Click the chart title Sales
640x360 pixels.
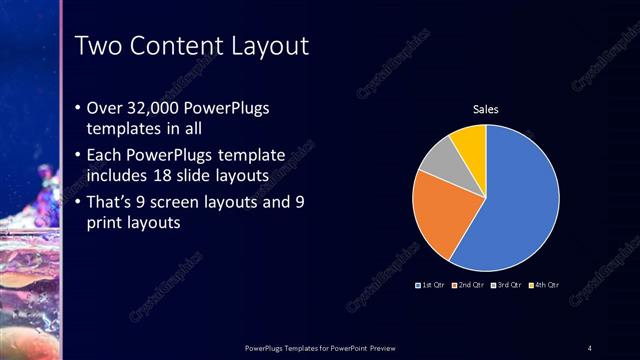click(x=486, y=110)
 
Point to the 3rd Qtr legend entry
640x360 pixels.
click(x=507, y=285)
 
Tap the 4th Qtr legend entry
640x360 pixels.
click(x=544, y=285)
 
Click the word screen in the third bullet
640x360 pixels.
click(x=190, y=202)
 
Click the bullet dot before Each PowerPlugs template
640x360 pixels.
click(x=80, y=156)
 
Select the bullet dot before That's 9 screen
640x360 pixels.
click(x=80, y=203)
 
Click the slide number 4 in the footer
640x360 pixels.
click(x=590, y=347)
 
